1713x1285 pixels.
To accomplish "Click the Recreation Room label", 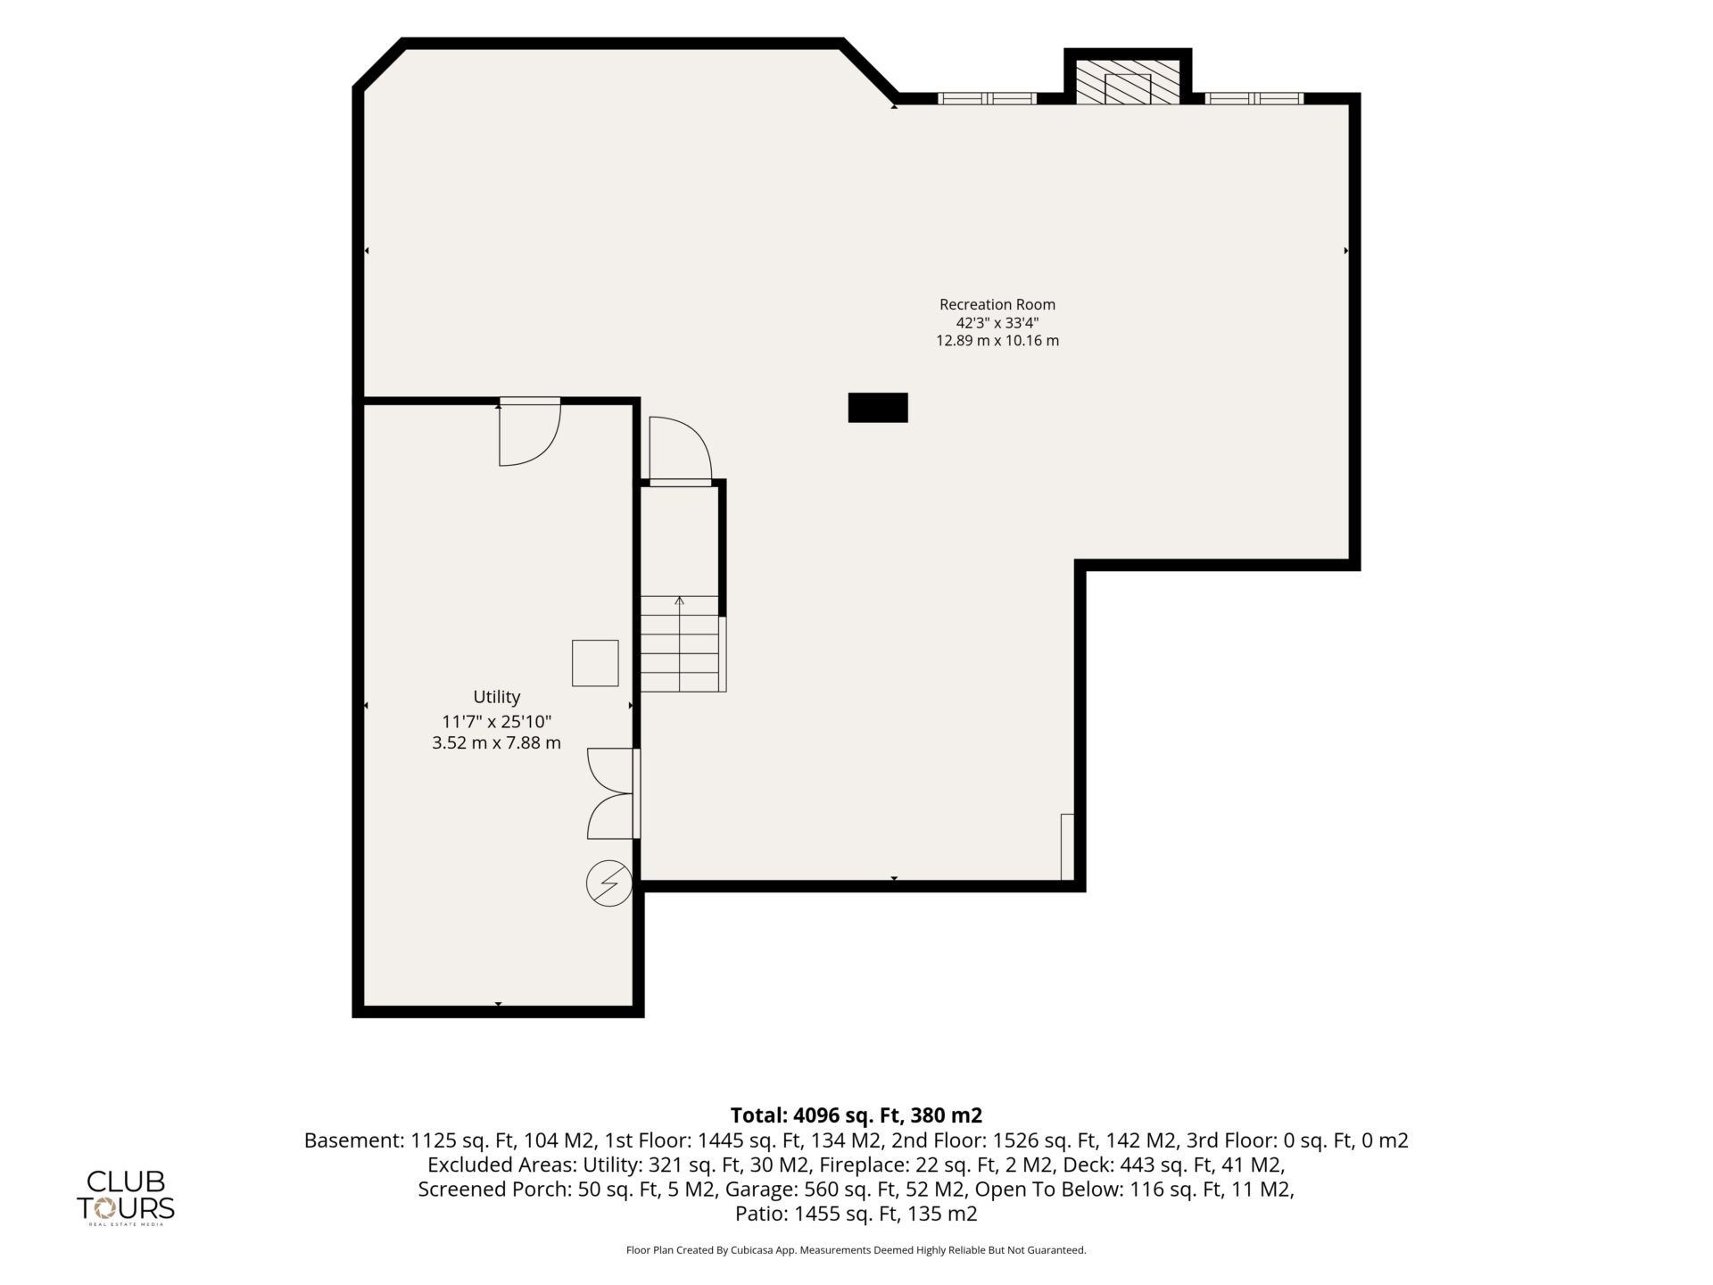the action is (997, 304).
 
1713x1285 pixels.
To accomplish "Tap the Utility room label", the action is (497, 697).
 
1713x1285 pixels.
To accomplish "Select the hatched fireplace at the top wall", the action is (1128, 81).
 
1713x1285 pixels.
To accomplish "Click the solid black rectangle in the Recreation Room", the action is (878, 408).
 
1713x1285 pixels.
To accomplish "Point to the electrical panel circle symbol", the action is (609, 884).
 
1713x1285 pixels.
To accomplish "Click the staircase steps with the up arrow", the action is (680, 643).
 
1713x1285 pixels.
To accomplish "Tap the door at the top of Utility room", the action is (530, 433).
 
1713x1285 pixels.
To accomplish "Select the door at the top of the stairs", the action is (680, 452).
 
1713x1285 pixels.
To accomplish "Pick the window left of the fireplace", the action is (987, 98).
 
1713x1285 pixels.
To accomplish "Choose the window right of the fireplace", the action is (1254, 98).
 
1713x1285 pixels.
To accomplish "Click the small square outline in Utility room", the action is (595, 663).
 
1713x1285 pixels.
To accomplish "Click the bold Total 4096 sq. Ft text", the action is (856, 1115).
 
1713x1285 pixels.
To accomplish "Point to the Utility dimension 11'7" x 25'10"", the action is (497, 721).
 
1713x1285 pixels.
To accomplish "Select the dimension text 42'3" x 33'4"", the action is (997, 323).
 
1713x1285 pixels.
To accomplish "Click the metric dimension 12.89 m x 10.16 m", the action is (997, 341).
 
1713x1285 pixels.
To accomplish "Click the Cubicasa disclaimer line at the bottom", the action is (856, 1250).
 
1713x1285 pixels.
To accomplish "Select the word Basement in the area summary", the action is (354, 1140).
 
